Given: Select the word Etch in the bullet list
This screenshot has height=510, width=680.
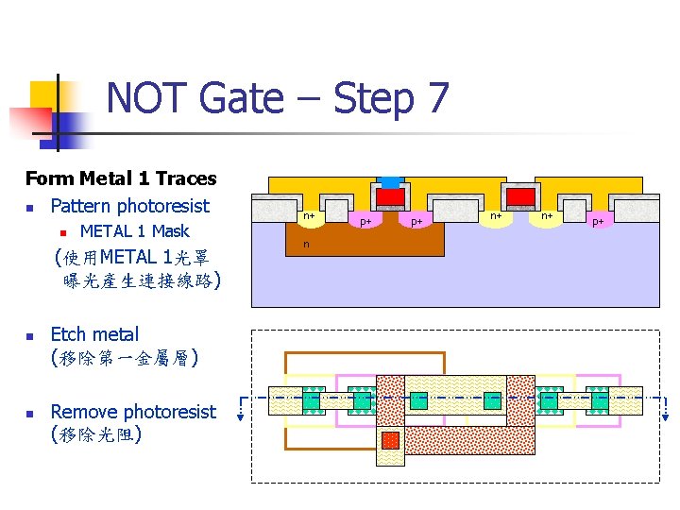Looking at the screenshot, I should pyautogui.click(x=67, y=334).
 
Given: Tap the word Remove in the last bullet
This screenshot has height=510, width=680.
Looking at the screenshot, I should pyautogui.click(x=84, y=412).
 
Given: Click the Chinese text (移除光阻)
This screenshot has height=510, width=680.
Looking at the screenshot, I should pyautogui.click(x=96, y=435).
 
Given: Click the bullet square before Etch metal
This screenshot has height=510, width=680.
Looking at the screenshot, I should pyautogui.click(x=30, y=336).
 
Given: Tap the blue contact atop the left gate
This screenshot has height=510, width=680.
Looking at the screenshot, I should pyautogui.click(x=389, y=181).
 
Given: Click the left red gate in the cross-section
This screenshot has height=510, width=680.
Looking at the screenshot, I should pyautogui.click(x=390, y=195).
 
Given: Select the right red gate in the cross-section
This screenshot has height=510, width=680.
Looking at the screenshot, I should pyautogui.click(x=520, y=195).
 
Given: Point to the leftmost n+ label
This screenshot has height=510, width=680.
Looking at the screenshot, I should pyautogui.click(x=308, y=217).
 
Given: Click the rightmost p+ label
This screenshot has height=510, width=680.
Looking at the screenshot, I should pyautogui.click(x=597, y=222).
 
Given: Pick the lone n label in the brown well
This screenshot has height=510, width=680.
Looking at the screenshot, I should pyautogui.click(x=305, y=245).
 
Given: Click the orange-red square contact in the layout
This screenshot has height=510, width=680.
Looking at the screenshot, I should pyautogui.click(x=390, y=440).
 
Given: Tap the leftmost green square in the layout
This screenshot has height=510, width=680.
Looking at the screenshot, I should pyautogui.click(x=314, y=399).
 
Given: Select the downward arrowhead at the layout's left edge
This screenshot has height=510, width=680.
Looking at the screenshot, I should pyautogui.click(x=240, y=422).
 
